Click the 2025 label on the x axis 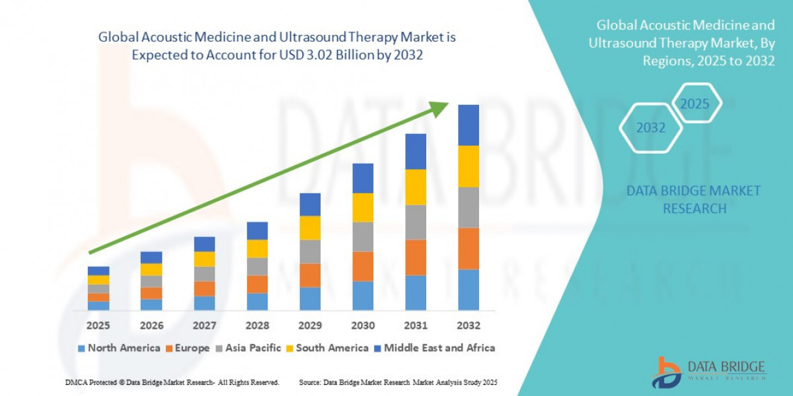[98, 325]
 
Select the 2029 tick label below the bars [310, 325]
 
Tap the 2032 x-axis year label [468, 325]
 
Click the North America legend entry [119, 348]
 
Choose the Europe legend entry [188, 348]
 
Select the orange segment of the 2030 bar [363, 266]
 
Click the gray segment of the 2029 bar [310, 251]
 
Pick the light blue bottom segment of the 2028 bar [257, 302]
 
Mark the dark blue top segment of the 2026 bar [151, 257]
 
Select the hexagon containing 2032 [651, 128]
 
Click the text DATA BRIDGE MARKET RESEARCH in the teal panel [693, 199]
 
